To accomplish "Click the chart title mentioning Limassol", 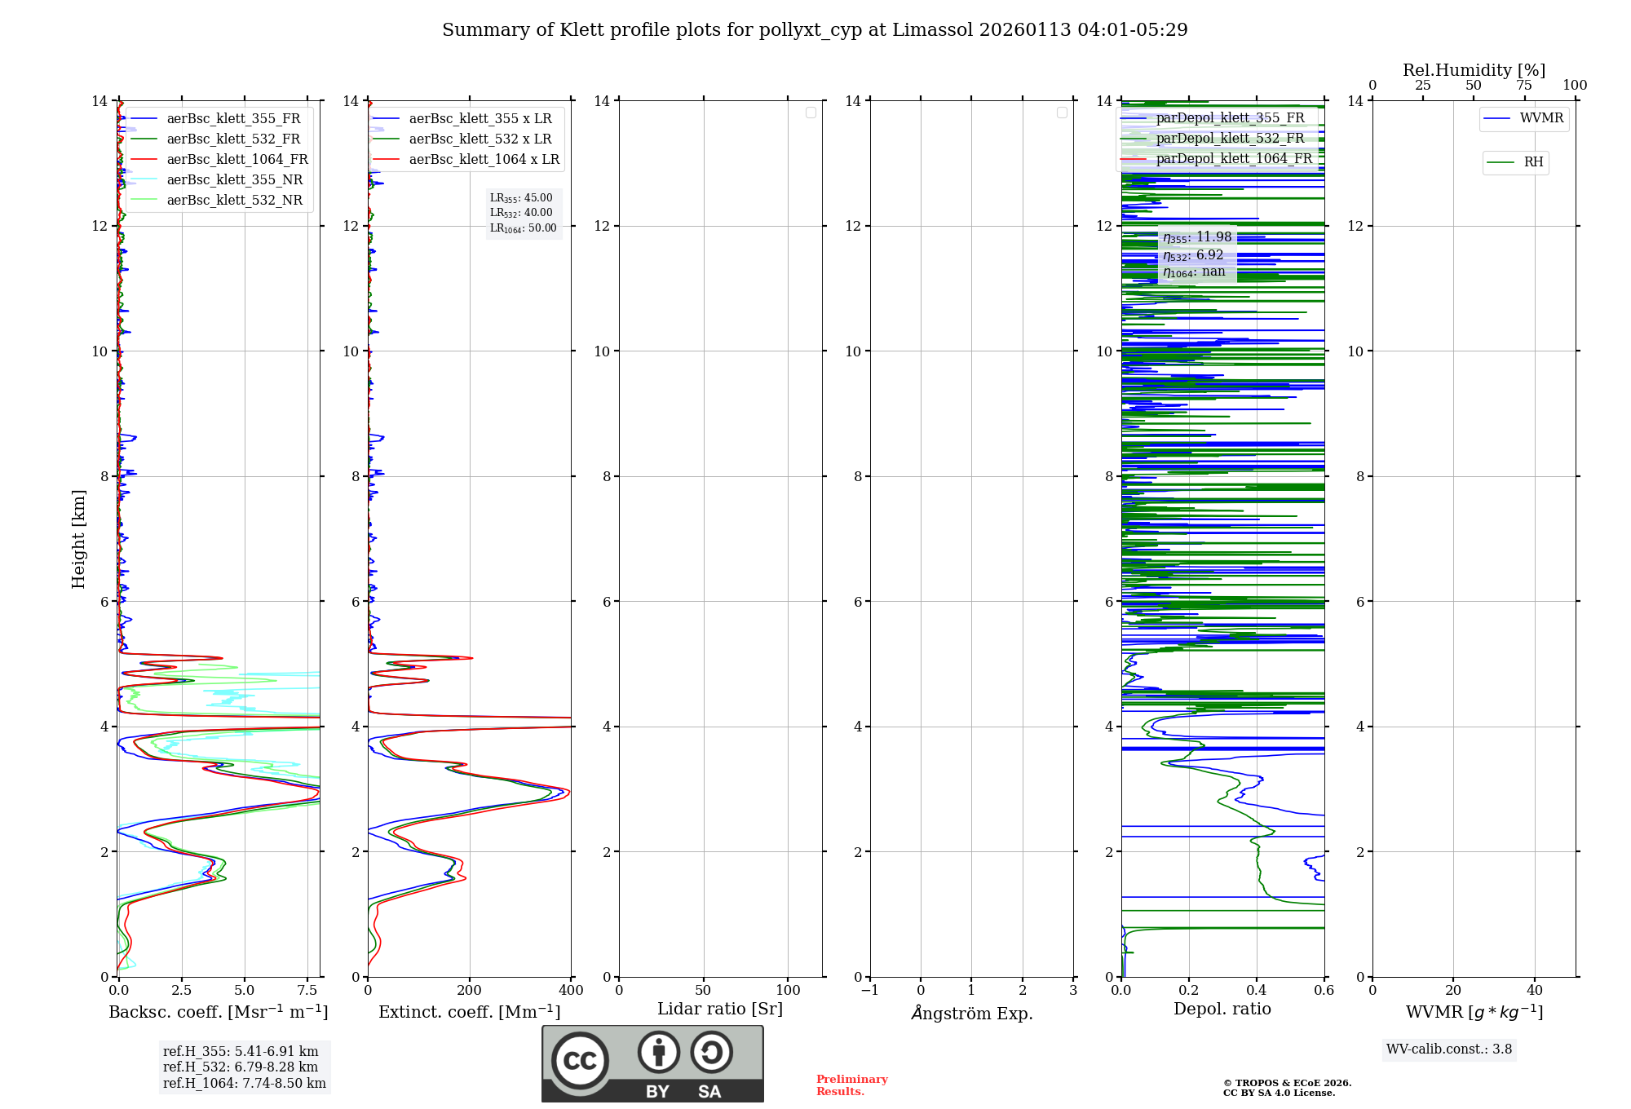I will point(815,30).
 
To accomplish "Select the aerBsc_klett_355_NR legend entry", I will point(234,179).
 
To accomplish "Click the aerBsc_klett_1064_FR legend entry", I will point(236,159).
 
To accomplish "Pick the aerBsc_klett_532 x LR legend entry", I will point(480,139).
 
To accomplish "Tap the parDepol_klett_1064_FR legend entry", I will point(1233,158).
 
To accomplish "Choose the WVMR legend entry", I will point(1540,118).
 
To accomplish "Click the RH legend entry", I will point(1532,162).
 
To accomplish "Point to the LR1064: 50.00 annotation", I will point(523,228).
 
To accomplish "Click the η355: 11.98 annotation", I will point(1197,237).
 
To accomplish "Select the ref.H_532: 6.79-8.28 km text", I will point(241,1067).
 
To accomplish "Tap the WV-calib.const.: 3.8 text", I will point(1448,1049).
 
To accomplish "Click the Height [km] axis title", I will point(78,538).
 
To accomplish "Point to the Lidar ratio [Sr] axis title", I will point(719,1009).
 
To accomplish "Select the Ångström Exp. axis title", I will point(971,1013).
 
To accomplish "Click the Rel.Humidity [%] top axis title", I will point(1474,70).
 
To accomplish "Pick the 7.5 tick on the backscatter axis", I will point(307,990).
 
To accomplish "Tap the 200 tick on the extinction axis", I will point(469,990).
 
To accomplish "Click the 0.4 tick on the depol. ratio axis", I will point(1257,990).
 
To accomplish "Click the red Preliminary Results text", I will point(851,1085).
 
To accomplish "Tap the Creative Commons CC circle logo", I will point(580,1061).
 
